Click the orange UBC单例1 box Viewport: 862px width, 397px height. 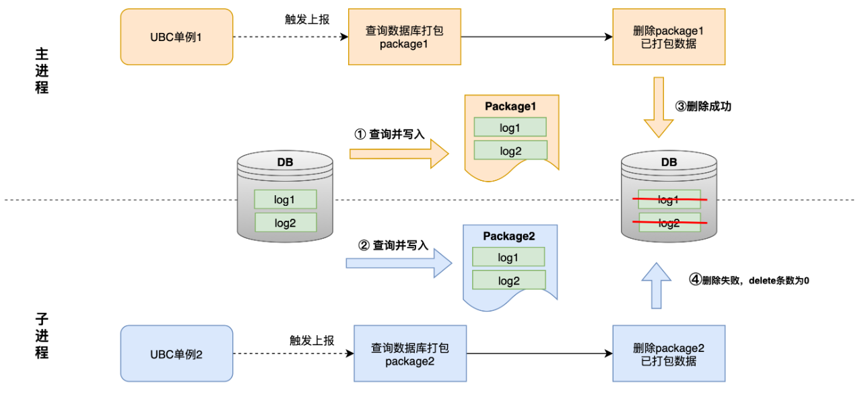(176, 36)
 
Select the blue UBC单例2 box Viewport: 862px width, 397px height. (176, 353)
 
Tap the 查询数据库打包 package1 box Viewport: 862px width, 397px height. (404, 36)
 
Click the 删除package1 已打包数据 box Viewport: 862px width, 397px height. (669, 36)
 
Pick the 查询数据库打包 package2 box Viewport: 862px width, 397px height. (409, 353)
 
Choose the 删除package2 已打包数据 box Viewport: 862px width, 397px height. (669, 353)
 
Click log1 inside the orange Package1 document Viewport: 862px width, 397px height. (510, 127)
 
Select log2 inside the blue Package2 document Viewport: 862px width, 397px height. (508, 280)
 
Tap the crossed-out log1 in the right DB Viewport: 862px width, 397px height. (669, 200)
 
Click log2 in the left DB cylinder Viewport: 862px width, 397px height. (285, 222)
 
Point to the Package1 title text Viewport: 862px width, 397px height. (510, 106)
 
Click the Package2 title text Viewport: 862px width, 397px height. (508, 236)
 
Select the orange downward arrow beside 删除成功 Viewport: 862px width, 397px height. (659, 108)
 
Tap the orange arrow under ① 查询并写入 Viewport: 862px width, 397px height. (399, 153)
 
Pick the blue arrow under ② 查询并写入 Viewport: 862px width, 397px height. (399, 263)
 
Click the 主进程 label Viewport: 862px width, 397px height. (42, 71)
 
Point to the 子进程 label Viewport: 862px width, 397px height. (42, 335)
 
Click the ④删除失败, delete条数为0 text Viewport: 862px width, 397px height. (748, 280)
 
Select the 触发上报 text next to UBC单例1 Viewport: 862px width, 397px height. (307, 20)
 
